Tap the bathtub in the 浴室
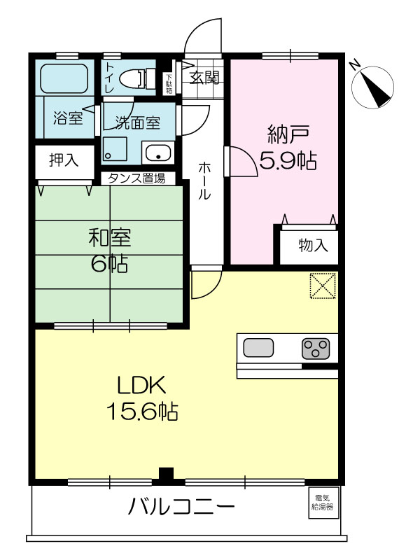click(x=64, y=78)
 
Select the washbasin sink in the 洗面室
click(x=158, y=153)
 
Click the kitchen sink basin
click(x=258, y=347)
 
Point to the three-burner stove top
click(x=316, y=349)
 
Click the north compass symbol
click(x=372, y=87)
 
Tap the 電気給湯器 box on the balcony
click(x=322, y=503)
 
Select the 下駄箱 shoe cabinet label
click(x=169, y=84)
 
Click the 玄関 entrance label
click(x=204, y=77)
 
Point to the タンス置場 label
click(x=136, y=178)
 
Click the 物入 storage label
click(x=313, y=245)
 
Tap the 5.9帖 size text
click(x=288, y=161)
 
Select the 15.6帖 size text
click(x=143, y=412)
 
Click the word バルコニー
click(x=181, y=506)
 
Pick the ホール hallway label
click(x=204, y=181)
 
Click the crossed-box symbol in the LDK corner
click(x=323, y=286)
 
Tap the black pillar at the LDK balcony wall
click(x=166, y=474)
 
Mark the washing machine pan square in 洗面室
click(x=115, y=149)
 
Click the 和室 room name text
click(x=110, y=237)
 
